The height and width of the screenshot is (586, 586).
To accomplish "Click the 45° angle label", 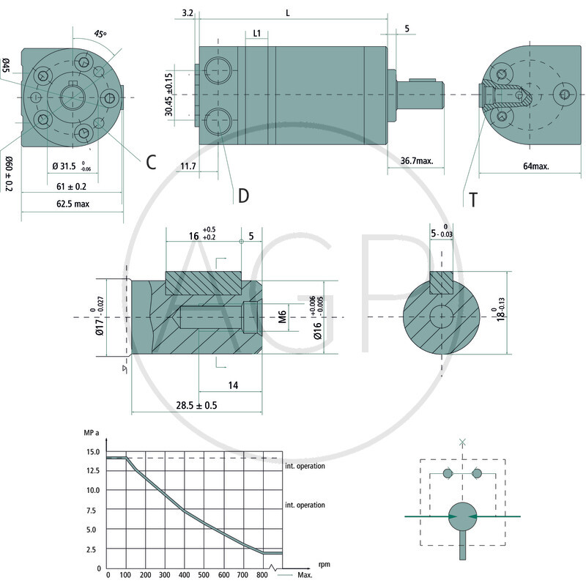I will (x=100, y=34).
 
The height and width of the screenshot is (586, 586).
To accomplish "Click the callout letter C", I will (x=150, y=163).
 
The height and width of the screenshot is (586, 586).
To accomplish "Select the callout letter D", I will (x=243, y=196).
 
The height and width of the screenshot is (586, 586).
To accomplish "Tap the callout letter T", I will (x=473, y=199).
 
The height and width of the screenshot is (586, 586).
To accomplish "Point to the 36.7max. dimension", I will (x=416, y=161).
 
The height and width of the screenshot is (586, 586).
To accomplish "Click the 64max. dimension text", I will (x=535, y=166).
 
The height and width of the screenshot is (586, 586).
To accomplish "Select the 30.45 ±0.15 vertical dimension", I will (x=169, y=94).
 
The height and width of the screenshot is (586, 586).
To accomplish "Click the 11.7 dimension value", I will (x=188, y=166).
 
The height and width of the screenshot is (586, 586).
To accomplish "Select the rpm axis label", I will (x=324, y=564).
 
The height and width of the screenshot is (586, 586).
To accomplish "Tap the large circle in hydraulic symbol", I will (x=462, y=516).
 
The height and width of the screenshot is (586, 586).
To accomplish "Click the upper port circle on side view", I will (x=218, y=70).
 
